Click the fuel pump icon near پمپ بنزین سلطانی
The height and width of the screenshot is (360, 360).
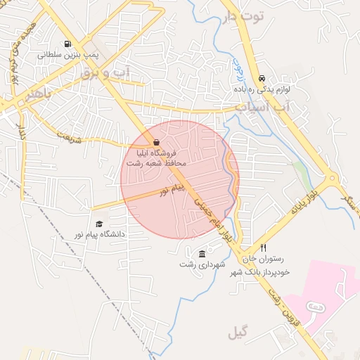tap(67, 43)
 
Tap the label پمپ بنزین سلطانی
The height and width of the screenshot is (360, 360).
tap(67, 54)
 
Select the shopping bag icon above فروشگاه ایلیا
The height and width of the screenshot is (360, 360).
tap(155, 141)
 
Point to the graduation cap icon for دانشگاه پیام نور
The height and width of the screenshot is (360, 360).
tap(99, 224)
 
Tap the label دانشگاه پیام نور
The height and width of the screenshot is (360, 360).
tap(99, 233)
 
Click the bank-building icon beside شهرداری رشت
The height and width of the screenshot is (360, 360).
tap(202, 254)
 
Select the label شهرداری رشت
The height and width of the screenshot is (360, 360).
tap(202, 264)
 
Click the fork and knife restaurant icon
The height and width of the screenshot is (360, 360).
tap(264, 247)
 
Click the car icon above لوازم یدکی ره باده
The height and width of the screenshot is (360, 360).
tap(262, 79)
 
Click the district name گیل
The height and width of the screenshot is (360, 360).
tap(238, 332)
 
